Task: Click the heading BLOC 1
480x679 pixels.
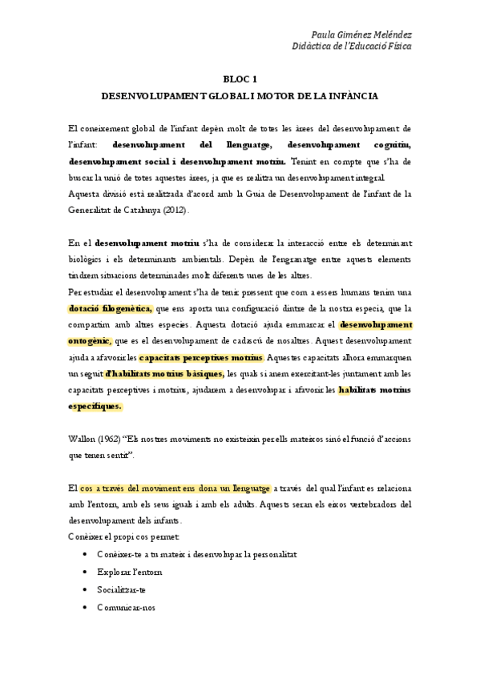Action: (240, 78)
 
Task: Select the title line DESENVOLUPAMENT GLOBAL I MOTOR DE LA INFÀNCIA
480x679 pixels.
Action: (240, 94)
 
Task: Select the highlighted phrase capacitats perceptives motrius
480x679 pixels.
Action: (200, 356)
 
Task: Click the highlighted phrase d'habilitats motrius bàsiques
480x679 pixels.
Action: (164, 373)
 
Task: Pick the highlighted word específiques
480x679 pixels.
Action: (95, 406)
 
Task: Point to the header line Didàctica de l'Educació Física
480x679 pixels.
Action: (353, 46)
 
